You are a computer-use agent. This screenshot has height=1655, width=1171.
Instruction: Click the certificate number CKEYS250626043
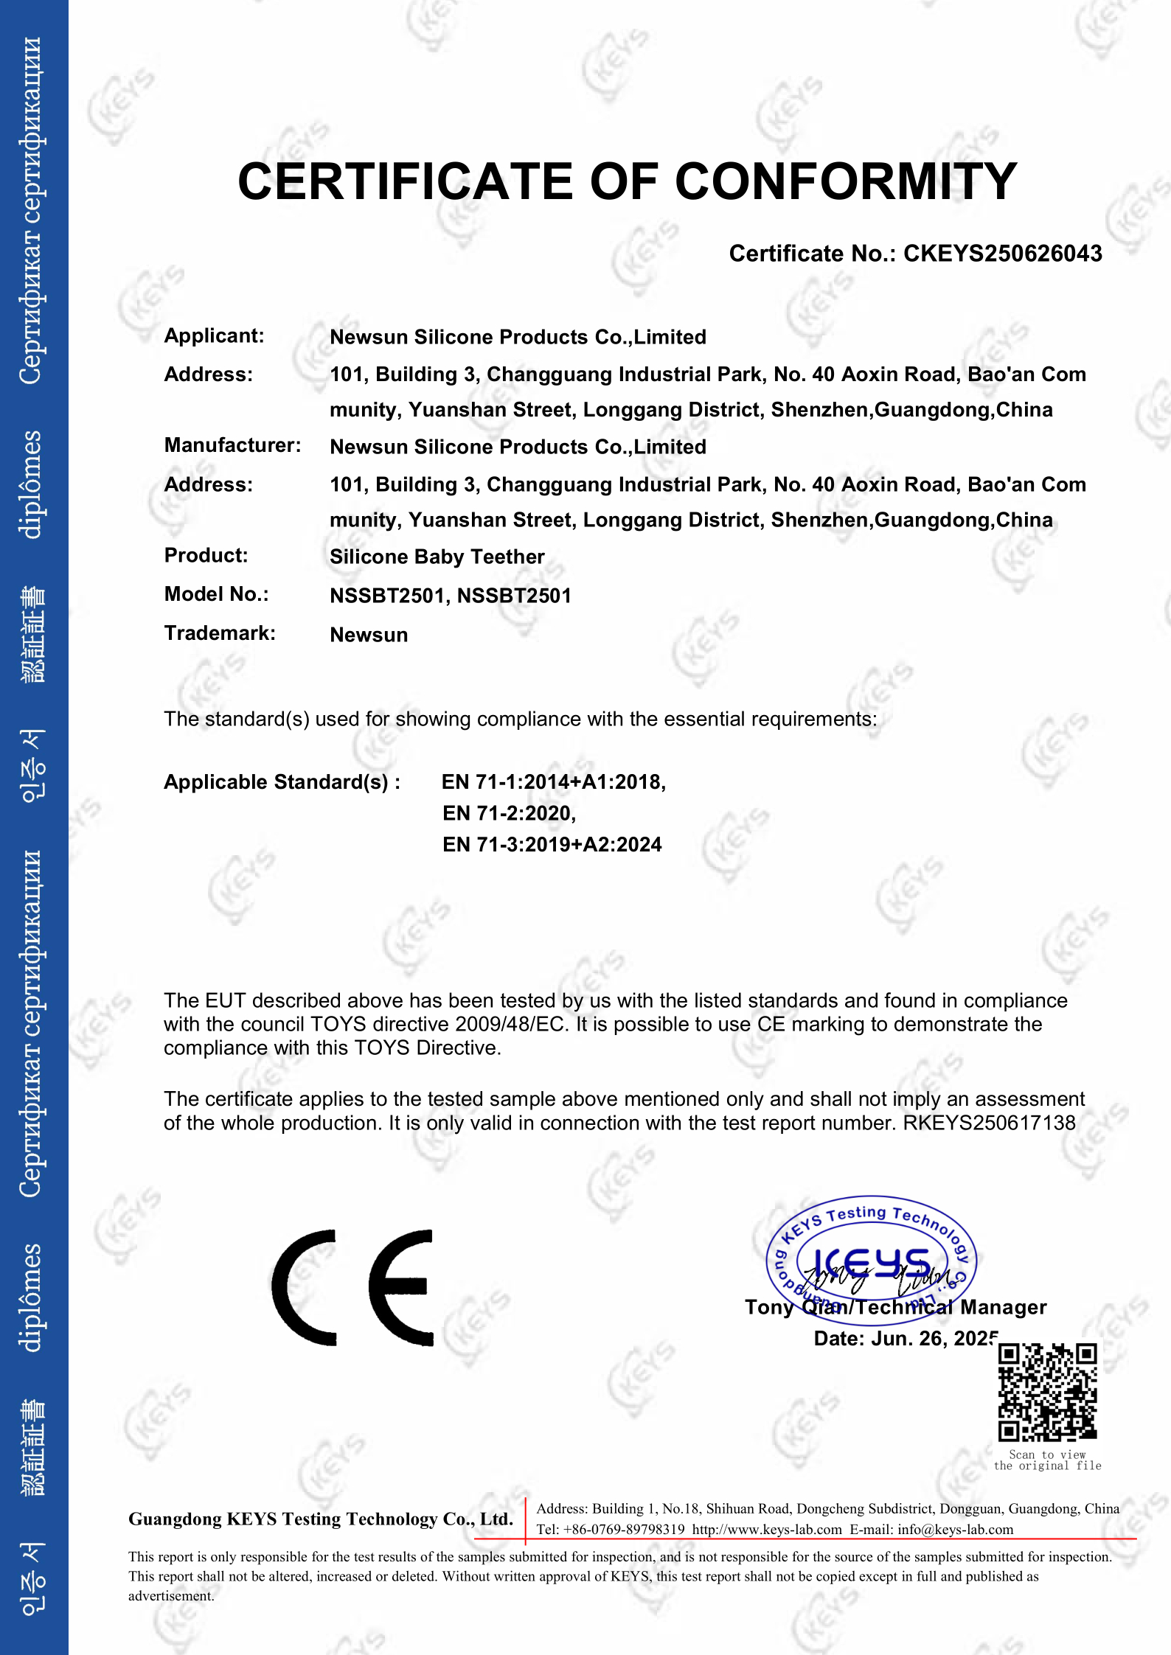point(1002,254)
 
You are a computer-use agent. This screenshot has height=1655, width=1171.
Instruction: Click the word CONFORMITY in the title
point(846,181)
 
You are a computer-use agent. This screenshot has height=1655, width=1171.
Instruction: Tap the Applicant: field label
point(214,336)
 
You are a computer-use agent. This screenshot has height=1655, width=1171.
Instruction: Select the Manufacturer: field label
point(232,445)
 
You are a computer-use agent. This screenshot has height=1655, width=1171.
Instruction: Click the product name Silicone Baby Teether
point(437,557)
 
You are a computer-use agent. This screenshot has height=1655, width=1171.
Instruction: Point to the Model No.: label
point(216,594)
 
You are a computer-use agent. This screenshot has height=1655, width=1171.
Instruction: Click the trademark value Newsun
point(369,635)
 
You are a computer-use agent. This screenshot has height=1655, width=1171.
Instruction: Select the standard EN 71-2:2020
point(509,813)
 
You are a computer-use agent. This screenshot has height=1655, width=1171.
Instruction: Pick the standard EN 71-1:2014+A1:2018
point(553,781)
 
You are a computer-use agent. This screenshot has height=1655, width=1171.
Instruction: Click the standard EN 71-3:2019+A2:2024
point(552,845)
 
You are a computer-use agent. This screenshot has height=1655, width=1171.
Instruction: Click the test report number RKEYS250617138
point(989,1123)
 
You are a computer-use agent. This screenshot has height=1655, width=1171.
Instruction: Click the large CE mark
point(352,1287)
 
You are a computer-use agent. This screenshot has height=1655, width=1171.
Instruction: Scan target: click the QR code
point(1047,1392)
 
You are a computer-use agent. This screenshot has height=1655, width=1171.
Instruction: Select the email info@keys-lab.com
point(955,1530)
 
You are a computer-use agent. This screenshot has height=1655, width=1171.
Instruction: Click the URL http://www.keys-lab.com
point(767,1530)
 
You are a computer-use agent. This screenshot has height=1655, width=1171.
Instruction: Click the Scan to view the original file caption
point(1047,1460)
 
